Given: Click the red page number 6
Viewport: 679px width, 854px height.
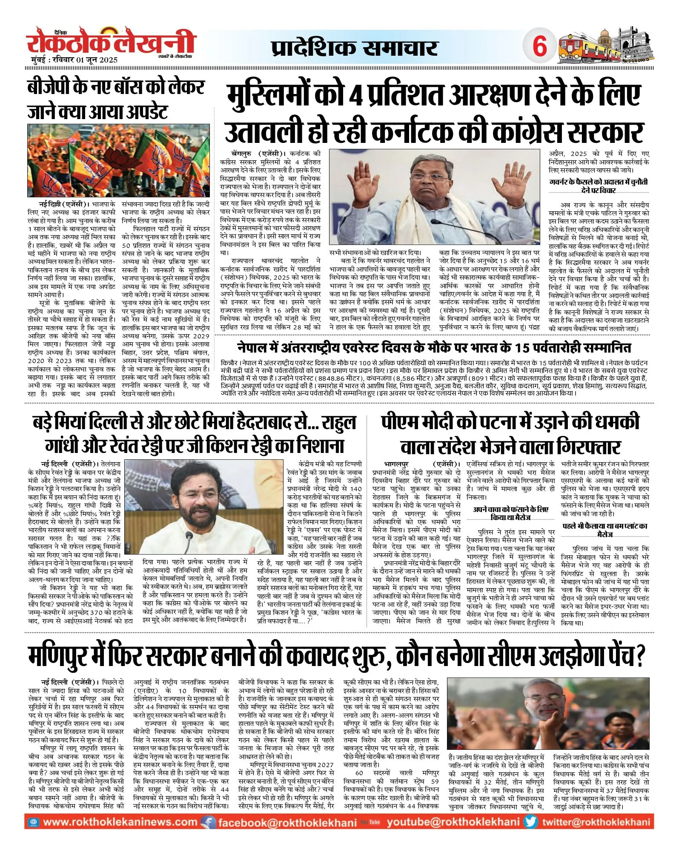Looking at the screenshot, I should coord(539,46).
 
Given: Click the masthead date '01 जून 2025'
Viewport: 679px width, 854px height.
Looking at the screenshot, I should coord(97,60).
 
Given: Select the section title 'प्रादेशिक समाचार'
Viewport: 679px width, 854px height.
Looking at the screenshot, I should coord(354,48).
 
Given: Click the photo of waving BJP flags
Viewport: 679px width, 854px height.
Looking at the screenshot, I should coord(119,160).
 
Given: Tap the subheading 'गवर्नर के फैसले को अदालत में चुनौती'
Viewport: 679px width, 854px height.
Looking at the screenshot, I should coord(599,182).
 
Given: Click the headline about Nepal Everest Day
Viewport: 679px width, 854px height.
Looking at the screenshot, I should coord(434,347).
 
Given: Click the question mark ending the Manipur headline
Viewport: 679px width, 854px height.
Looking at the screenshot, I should coord(639,656).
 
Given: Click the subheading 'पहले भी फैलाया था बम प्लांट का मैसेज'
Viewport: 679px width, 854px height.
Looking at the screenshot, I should coord(605,530).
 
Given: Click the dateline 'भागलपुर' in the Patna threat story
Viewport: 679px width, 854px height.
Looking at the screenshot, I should coord(396,464).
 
